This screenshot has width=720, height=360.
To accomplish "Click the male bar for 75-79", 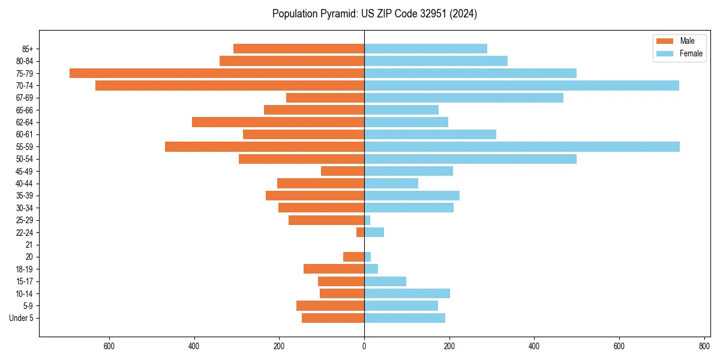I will [217, 73].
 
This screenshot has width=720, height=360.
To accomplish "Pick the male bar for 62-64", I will [278, 122].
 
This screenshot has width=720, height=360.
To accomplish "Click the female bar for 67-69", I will [464, 98].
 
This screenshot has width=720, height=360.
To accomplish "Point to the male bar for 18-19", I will [334, 269].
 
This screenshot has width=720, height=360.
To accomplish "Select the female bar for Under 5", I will [404, 318].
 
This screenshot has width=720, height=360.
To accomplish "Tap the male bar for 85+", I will [298, 49].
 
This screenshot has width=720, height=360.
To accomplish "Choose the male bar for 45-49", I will [343, 171].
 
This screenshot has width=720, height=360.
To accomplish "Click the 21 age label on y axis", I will [29, 245].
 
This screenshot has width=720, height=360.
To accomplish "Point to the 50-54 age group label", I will [24, 159].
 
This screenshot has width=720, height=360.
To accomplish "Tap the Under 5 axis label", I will [21, 318].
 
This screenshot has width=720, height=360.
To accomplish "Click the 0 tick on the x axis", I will [364, 346].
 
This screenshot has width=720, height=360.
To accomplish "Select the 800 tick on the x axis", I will [704, 346].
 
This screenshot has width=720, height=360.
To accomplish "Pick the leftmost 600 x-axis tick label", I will [109, 346].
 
